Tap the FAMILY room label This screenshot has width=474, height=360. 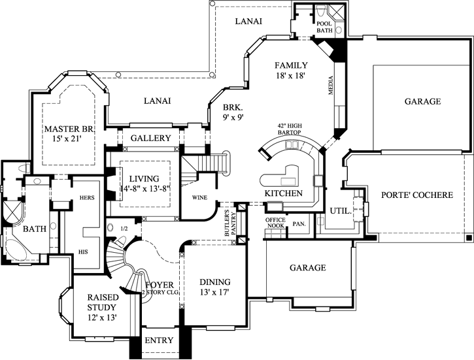click(x=291, y=65)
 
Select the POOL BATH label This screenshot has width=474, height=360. click(x=324, y=26)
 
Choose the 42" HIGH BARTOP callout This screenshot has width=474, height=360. click(x=287, y=129)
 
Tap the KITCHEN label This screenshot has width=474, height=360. click(x=283, y=194)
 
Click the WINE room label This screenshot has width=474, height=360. click(x=199, y=196)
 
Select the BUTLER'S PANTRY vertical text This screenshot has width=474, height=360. click(x=229, y=223)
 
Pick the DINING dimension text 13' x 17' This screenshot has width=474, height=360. click(x=214, y=292)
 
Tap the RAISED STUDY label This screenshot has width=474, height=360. click(x=103, y=303)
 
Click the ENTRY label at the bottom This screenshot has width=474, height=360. click(x=159, y=340)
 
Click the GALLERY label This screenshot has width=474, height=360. click(x=150, y=139)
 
